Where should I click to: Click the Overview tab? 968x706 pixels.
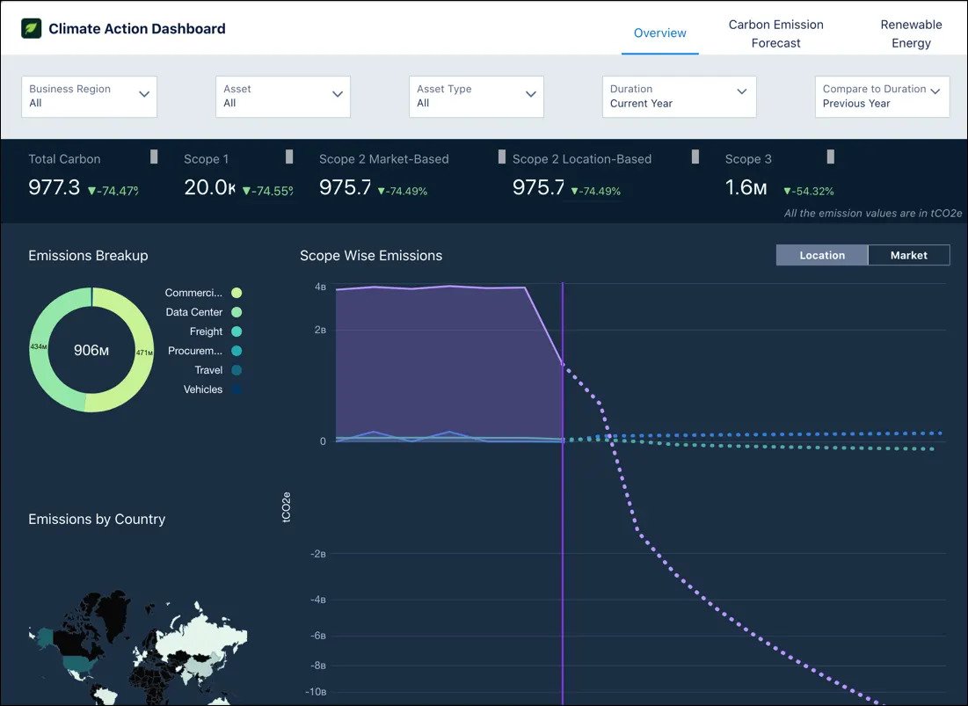(x=659, y=33)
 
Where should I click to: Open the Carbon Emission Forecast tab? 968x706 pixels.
(x=775, y=33)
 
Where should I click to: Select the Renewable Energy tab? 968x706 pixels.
(x=911, y=33)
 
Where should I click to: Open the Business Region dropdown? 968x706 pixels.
(x=89, y=96)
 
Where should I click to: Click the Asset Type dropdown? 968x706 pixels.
(x=476, y=96)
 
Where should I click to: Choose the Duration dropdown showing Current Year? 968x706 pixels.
(x=679, y=96)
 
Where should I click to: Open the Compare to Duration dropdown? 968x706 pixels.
(x=882, y=96)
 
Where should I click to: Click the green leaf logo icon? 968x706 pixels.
(x=32, y=28)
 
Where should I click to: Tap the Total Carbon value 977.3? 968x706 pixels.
(x=55, y=187)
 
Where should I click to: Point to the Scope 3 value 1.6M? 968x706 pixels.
(x=746, y=187)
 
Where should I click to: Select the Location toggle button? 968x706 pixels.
(x=822, y=255)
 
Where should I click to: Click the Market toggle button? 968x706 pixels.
(x=908, y=255)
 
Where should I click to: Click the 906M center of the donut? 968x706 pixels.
(x=91, y=351)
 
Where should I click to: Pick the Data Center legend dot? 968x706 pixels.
(x=237, y=312)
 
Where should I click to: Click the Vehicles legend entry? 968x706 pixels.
(x=203, y=389)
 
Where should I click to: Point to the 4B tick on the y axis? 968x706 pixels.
(x=320, y=287)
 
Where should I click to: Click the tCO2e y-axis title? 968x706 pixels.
(x=287, y=508)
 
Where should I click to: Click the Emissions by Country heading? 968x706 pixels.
(x=97, y=519)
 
